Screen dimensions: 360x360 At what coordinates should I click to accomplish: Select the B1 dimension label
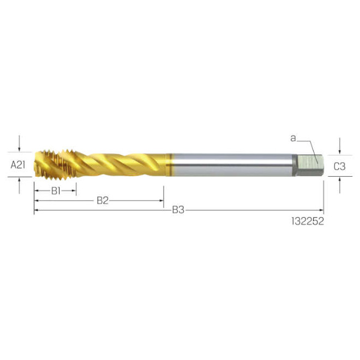point(55,191)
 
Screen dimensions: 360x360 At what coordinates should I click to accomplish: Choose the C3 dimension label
point(339,166)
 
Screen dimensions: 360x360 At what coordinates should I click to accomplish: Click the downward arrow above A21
point(20,146)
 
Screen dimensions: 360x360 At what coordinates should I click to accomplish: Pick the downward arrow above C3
point(340,148)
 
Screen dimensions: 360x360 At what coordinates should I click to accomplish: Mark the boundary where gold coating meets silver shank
point(170,164)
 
